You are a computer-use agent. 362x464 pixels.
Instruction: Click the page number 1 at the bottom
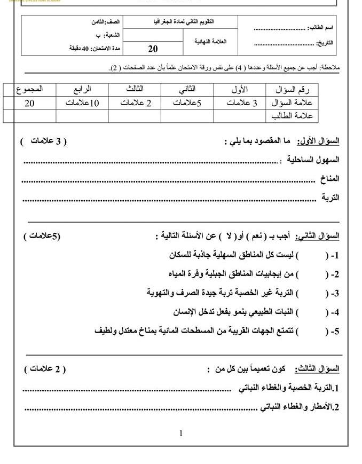(181, 433)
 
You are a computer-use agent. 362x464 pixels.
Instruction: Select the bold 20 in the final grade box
(153, 49)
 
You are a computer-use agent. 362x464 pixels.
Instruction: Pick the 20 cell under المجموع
(29, 103)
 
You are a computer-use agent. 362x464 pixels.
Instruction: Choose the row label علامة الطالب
(292, 115)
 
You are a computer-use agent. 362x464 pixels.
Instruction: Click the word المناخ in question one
(329, 179)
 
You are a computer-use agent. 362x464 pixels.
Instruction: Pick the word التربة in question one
(330, 198)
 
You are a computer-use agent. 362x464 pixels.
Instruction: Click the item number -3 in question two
(335, 294)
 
